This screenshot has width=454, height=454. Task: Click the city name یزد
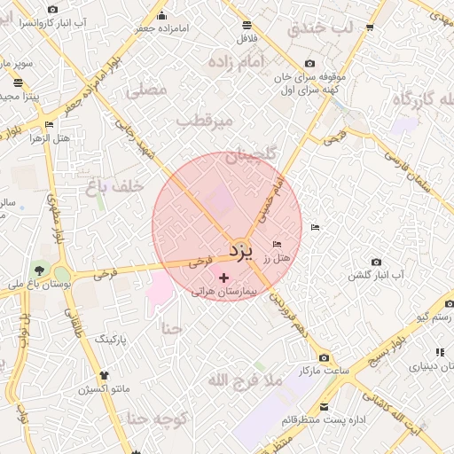pos(240,250)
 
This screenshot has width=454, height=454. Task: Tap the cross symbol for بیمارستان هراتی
pos(223,278)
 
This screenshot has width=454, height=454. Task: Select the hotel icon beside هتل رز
pos(278,244)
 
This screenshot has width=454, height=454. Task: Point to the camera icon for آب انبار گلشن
pos(377,262)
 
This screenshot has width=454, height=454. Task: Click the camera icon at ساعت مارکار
pos(324,356)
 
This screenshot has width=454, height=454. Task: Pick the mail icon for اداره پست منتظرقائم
pos(324,407)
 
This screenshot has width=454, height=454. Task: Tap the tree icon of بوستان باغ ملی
pos(38,269)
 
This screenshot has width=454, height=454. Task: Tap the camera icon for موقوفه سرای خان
pos(309,63)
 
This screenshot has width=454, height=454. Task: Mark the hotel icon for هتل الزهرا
pos(48,125)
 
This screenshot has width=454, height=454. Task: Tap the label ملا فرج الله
pos(244,380)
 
